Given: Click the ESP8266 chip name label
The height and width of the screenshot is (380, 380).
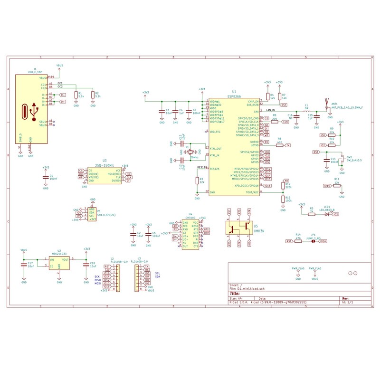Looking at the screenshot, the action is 234,95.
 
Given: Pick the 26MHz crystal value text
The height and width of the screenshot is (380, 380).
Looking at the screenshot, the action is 194,157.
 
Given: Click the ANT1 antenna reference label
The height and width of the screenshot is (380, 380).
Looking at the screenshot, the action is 334,104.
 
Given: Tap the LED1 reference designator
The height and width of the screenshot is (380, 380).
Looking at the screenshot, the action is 325,207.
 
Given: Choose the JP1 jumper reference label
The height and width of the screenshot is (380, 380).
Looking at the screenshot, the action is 313,235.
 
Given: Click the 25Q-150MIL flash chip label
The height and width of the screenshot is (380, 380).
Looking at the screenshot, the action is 104,165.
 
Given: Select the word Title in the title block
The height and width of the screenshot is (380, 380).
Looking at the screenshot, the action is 236,293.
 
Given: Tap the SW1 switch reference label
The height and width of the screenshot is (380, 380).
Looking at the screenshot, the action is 349,156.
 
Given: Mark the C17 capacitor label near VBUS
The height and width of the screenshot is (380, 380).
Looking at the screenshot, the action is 30,263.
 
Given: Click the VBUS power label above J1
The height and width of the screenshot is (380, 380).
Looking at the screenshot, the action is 60,65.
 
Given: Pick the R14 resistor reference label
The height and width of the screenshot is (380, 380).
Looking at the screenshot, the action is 298,235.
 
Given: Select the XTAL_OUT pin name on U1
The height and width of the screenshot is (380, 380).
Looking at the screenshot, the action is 216,149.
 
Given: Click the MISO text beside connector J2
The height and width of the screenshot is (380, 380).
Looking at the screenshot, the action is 98,280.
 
